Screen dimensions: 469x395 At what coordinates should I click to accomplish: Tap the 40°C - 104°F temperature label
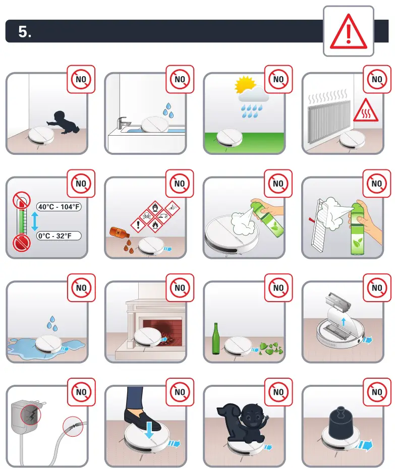60,206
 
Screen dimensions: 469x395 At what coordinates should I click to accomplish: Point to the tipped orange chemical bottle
120,233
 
